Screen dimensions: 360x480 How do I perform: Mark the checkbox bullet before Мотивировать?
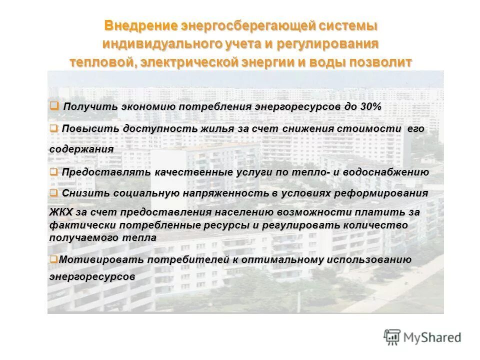click(x=53, y=259)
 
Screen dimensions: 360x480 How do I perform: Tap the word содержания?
click(x=81, y=149)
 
